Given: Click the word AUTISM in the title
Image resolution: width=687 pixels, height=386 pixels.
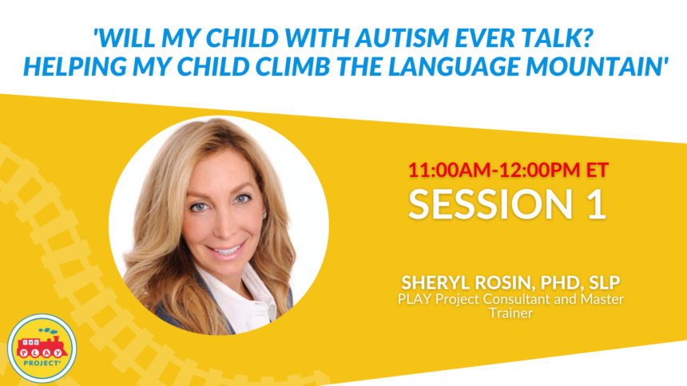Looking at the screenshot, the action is [402, 37].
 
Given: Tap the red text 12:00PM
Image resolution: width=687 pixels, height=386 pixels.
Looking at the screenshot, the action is [540, 170].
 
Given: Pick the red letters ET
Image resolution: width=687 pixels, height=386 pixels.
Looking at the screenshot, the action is [598, 170].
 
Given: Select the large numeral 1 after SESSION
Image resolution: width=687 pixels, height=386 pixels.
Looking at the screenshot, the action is [598, 204].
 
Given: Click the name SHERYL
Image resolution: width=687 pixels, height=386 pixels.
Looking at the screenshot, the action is [435, 282].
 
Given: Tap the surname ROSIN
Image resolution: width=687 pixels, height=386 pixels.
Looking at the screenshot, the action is [505, 283].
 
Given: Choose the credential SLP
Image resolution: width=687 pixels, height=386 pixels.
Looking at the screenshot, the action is [605, 282].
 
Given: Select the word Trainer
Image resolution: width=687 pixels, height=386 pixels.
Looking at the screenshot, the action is [511, 313].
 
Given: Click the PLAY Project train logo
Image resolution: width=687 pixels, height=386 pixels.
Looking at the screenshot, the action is [42, 349].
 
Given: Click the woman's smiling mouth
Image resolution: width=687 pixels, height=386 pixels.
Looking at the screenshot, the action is [227, 251].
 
